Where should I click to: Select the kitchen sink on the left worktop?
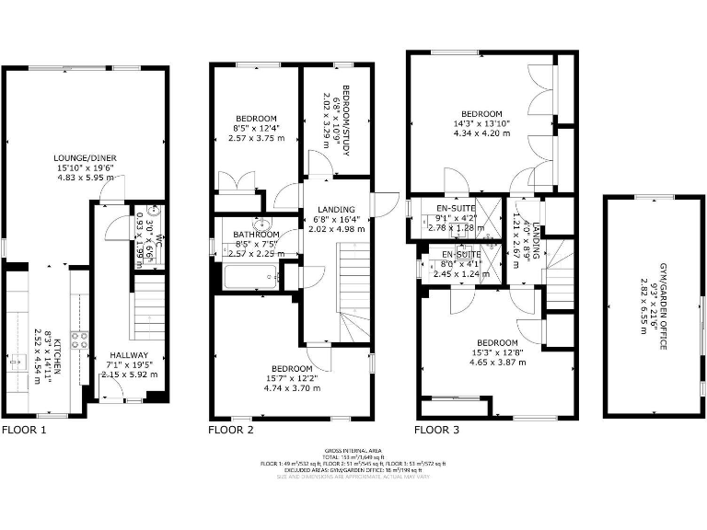click(15, 363)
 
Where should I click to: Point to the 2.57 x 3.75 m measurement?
click(256, 138)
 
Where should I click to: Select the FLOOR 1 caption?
click(24, 430)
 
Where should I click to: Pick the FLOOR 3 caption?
click(436, 430)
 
